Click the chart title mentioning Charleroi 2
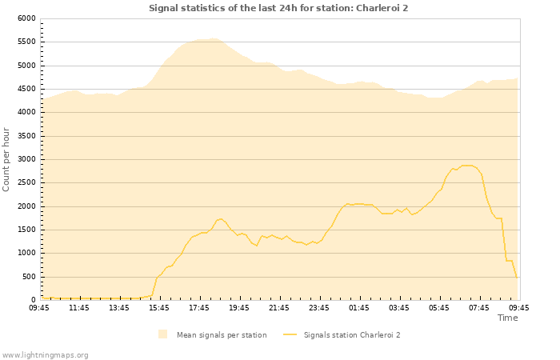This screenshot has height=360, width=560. (x=278, y=8)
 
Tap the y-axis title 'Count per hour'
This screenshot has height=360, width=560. (x=7, y=158)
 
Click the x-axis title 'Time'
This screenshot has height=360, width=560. (x=507, y=318)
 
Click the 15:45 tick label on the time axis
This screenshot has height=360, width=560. (x=159, y=307)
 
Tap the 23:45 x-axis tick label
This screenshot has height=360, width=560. (x=319, y=307)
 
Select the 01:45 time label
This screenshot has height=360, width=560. (x=359, y=307)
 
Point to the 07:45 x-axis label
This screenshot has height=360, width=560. (x=479, y=307)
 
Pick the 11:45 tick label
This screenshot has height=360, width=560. (x=79, y=307)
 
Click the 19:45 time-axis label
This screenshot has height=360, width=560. (x=239, y=307)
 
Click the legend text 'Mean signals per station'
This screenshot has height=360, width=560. (x=222, y=335)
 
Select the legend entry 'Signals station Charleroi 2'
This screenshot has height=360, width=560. (x=351, y=335)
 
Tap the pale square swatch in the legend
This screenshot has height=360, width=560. (x=163, y=334)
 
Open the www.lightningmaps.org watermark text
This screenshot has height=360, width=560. (x=45, y=354)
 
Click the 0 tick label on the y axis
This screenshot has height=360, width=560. (x=34, y=301)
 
